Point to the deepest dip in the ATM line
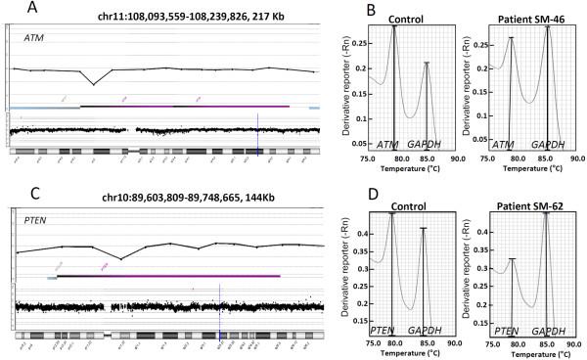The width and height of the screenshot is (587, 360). [94, 84]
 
